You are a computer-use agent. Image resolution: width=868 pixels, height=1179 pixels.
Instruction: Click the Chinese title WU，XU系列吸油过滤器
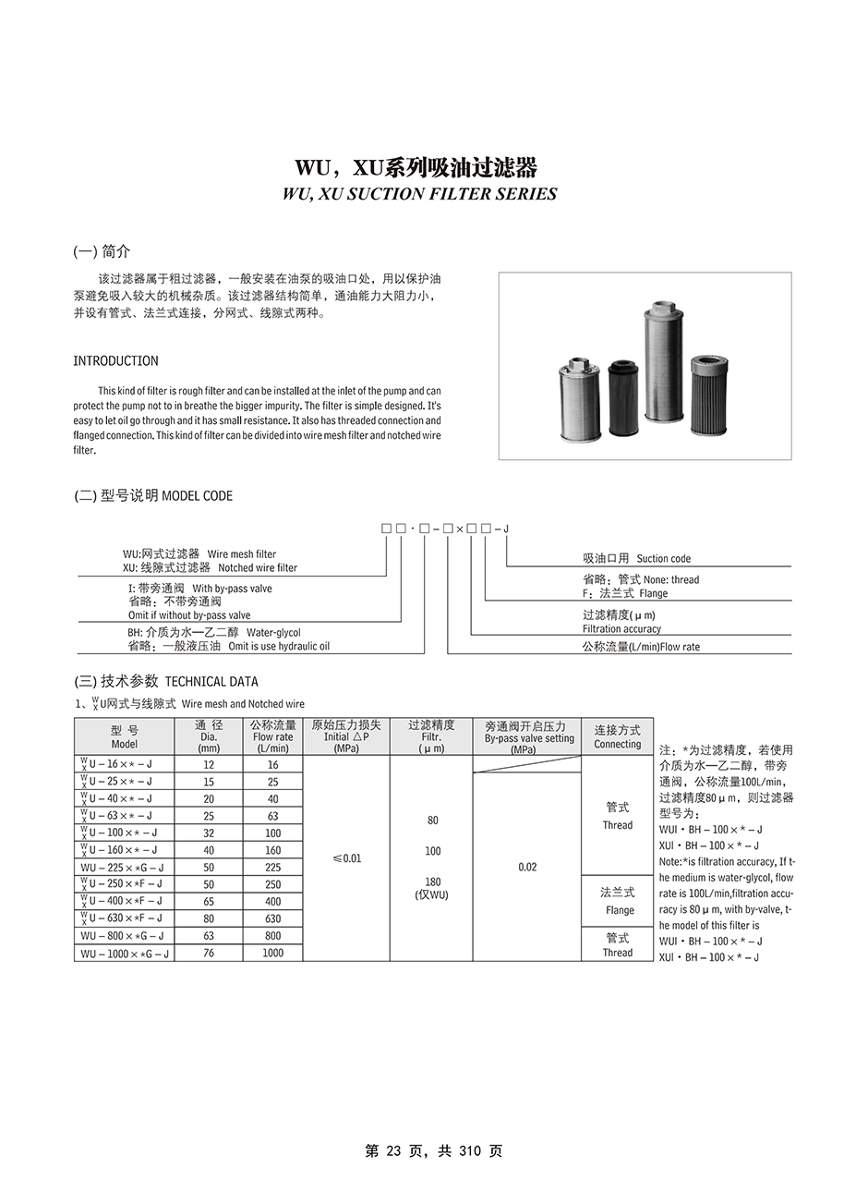coord(416,167)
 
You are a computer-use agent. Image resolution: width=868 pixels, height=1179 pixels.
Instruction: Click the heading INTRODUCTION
coord(115,361)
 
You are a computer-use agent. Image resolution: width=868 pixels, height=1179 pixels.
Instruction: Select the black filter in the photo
coord(623,398)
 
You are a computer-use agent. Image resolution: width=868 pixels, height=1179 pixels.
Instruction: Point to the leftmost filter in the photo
coord(580,398)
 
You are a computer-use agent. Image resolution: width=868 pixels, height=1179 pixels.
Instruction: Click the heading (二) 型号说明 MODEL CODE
coord(153,496)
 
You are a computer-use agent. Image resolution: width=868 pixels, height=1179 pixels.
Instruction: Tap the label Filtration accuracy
coord(621,629)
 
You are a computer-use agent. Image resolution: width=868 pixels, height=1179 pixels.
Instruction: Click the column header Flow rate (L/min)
coord(272,736)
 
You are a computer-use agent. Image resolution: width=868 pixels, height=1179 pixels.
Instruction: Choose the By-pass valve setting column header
coord(526,737)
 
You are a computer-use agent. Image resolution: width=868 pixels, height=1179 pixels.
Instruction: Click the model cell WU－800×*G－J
coord(124,936)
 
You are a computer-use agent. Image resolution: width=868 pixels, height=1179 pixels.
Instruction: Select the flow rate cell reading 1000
coord(272,953)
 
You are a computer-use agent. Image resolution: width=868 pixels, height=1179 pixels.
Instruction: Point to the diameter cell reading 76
coord(209,953)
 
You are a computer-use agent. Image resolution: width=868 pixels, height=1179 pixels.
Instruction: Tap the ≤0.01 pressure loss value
coord(346,858)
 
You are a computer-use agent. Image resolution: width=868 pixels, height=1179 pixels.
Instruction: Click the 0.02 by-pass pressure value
coord(527,868)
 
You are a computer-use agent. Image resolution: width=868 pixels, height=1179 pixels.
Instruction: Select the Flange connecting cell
coord(618,901)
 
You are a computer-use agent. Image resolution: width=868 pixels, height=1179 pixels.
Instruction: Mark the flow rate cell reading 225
coord(272,868)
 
